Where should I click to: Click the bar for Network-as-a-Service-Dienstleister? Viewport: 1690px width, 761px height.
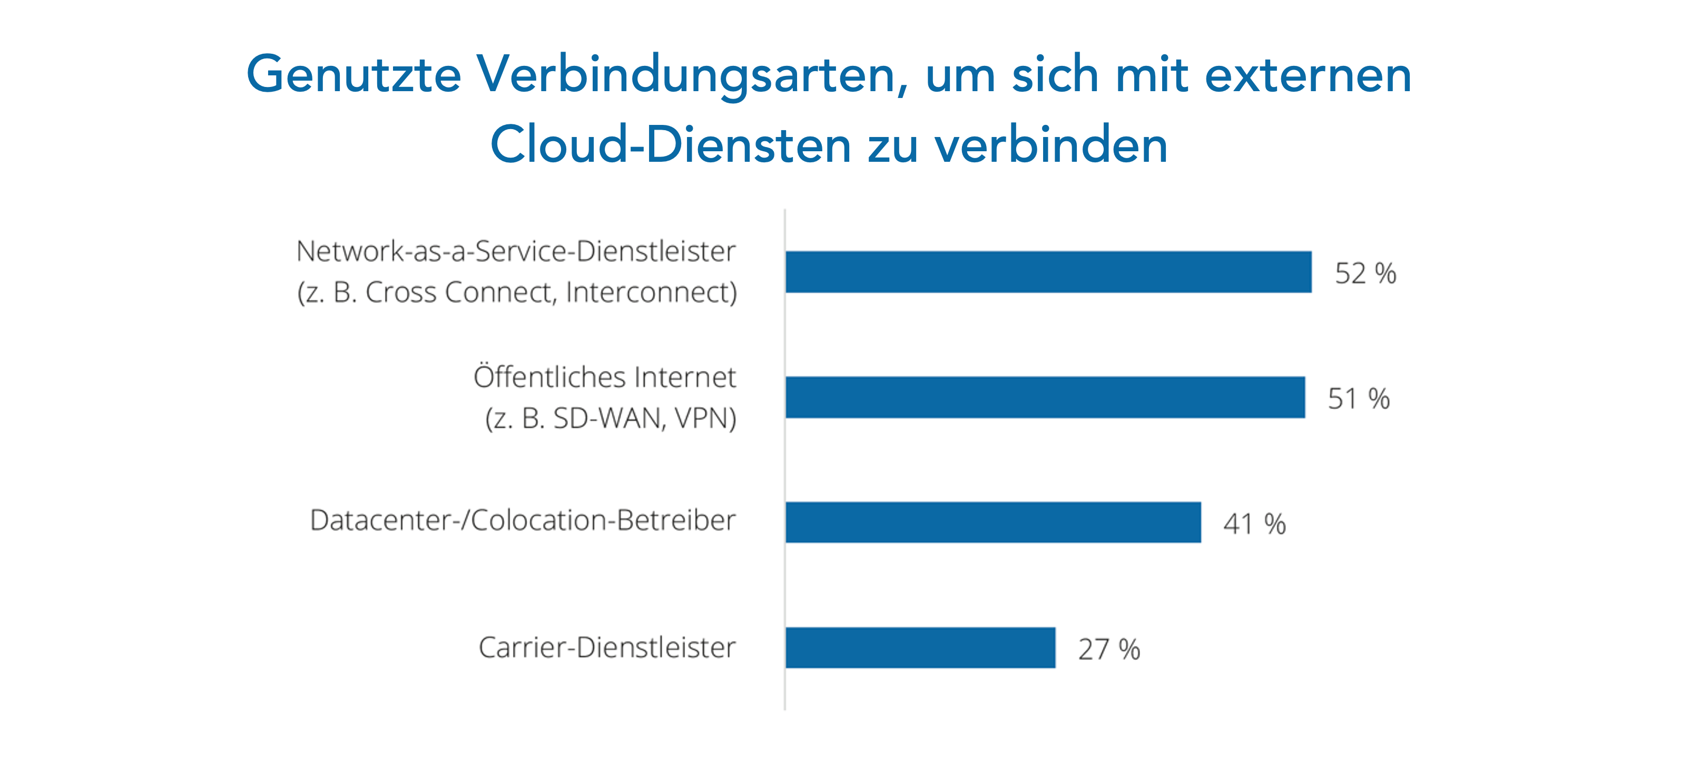coord(1048,271)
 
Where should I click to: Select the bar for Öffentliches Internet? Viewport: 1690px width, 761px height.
coord(1045,397)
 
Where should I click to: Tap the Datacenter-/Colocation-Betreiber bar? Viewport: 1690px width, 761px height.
coord(993,522)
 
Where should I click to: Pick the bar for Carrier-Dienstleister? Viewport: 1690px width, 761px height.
coord(920,648)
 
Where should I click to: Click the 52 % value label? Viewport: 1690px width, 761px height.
coord(1365,274)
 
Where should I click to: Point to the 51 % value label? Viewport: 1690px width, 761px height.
coord(1359,399)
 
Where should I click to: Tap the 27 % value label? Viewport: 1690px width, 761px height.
coord(1109,649)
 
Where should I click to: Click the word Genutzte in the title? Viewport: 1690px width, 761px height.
coord(353,75)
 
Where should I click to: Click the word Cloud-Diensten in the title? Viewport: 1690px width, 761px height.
coord(670,145)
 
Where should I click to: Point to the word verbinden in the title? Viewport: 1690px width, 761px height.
coord(1051,145)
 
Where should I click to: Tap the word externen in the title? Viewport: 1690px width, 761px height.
coord(1308,75)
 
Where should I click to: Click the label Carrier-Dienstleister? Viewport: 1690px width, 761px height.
coord(607,648)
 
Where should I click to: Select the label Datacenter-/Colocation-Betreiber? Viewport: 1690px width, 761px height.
coord(522,520)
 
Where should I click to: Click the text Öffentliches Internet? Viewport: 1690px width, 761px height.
coord(604,377)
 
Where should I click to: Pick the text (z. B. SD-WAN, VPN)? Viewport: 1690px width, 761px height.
coord(611,418)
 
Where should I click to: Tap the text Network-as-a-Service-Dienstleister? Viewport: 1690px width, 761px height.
coord(516,251)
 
